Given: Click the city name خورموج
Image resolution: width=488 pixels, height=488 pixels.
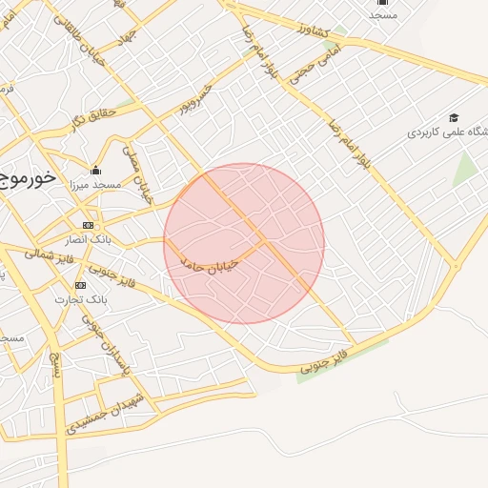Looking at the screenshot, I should (x=27, y=178).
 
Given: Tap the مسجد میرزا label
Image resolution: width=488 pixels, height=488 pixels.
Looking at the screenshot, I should (x=95, y=185).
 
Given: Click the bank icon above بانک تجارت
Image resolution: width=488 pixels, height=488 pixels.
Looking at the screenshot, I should (x=80, y=285).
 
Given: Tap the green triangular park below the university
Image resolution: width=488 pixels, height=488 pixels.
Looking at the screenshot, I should (x=464, y=170).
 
